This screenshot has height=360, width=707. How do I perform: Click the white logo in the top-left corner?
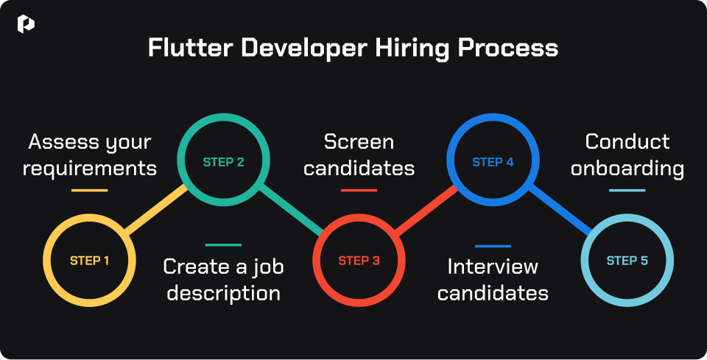point(26,24)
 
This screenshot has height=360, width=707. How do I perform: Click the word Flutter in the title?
point(191,47)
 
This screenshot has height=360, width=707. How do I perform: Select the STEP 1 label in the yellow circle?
point(89,261)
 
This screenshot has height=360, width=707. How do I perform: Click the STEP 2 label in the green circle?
point(224,162)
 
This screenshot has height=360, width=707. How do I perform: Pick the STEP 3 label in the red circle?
point(359,261)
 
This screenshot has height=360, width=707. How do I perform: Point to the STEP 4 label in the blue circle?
point(493,162)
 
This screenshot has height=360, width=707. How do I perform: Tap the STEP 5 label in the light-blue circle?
point(627,261)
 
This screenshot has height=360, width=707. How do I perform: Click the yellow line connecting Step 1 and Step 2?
point(156,210)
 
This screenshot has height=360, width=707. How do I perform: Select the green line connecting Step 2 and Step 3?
point(292,210)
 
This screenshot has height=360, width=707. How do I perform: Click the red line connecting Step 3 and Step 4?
point(426,210)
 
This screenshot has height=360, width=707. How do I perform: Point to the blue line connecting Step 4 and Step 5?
point(560,210)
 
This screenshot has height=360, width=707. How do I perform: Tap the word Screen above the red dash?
point(359,141)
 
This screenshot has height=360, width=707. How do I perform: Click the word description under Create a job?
point(224,294)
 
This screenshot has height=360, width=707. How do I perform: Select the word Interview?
point(493,267)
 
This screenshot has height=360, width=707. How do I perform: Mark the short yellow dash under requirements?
point(89,191)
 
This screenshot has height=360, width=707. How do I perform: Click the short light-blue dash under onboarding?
point(627,191)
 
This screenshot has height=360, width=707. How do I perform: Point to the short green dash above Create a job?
point(224,245)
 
